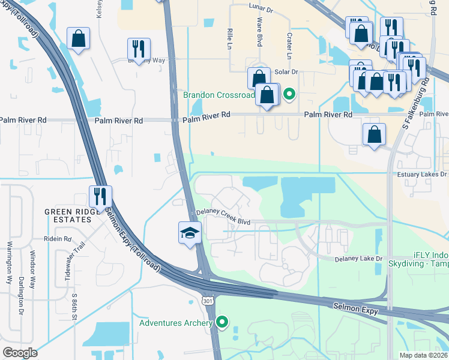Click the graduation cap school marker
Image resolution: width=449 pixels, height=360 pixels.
(190, 233)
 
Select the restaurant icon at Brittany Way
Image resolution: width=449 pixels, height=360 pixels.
(139, 49)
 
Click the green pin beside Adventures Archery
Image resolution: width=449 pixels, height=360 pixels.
(222, 323)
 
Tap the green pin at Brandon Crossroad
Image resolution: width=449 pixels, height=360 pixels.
(289, 94)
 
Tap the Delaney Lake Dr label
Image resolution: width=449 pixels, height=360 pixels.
(358, 259)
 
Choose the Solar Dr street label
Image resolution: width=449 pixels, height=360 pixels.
(286, 72)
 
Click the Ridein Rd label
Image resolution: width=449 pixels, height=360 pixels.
(58, 238)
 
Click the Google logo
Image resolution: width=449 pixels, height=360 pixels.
(20, 352)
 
